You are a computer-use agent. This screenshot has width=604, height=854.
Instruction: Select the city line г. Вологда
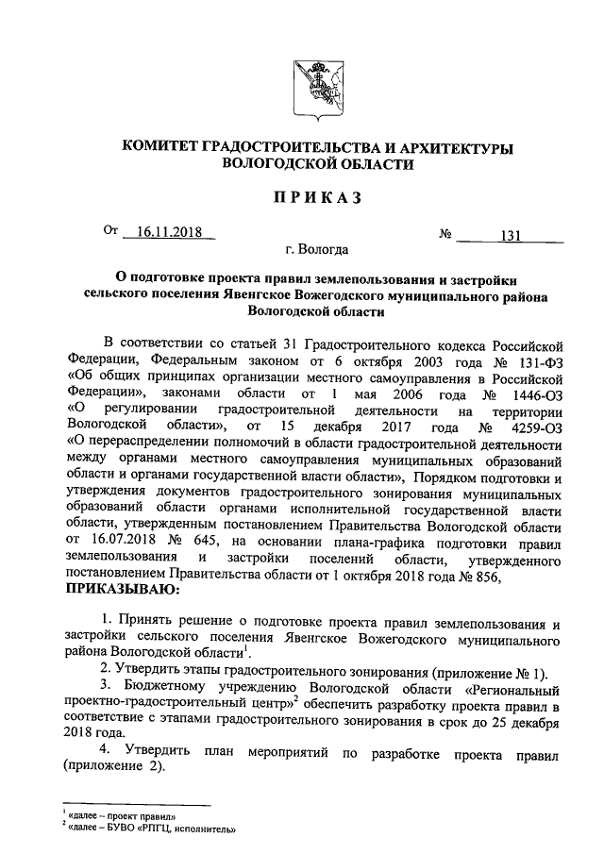[x=316, y=250]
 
